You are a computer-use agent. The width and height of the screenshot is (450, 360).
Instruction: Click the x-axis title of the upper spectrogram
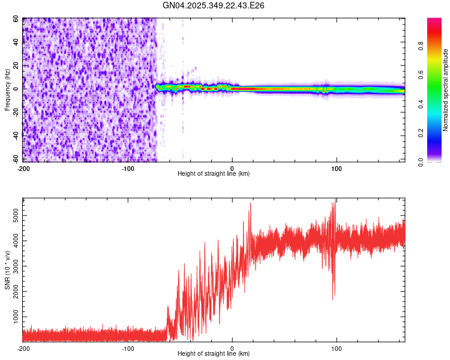214,173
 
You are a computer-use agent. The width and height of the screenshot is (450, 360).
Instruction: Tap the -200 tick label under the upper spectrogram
24,168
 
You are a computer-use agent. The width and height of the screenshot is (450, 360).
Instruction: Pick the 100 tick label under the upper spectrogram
337,168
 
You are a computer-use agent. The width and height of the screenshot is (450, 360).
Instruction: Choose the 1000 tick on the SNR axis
13,315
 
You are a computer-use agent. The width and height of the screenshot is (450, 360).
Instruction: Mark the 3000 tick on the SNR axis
13,265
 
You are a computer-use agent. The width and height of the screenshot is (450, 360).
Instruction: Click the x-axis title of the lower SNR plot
214,353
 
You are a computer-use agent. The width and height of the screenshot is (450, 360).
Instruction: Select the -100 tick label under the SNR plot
128,348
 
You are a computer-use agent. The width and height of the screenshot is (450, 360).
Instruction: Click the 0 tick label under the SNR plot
232,348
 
